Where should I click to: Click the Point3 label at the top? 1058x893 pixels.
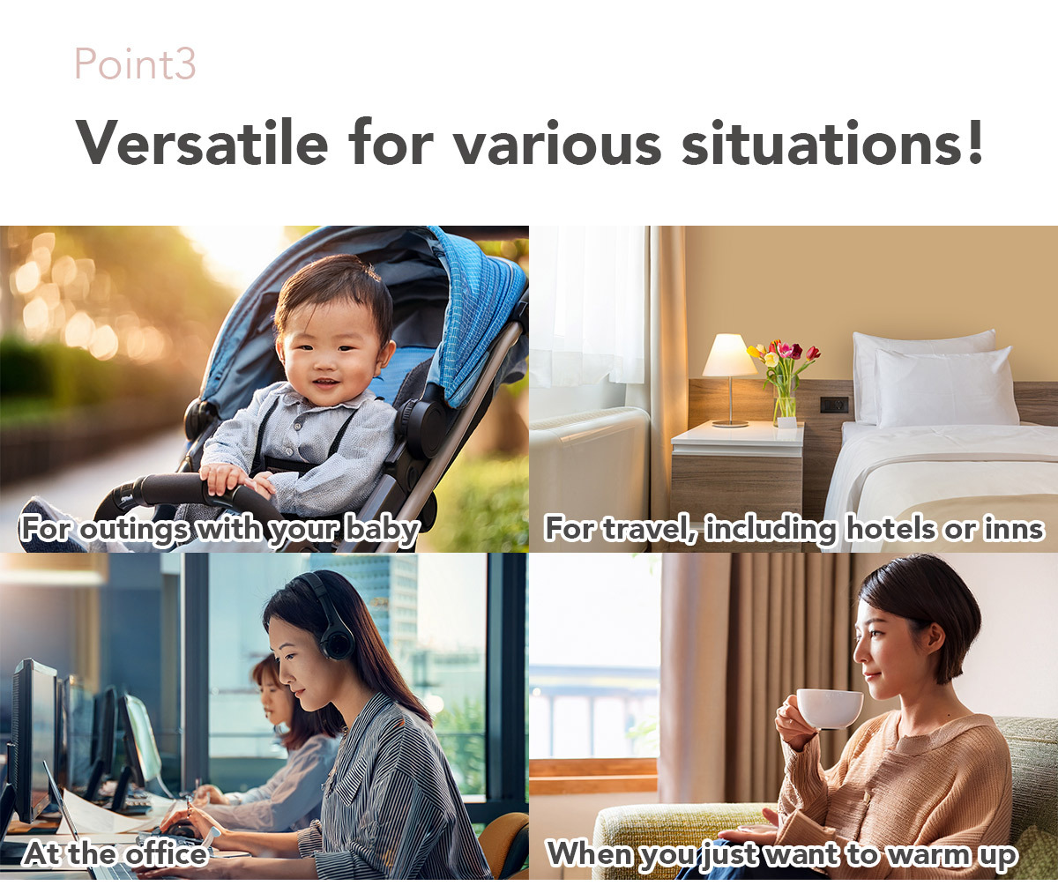[135, 63]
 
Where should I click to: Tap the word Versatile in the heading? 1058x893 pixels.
[202, 142]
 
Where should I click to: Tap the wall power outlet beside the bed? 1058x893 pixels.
[834, 404]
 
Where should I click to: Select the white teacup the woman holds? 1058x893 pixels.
[829, 709]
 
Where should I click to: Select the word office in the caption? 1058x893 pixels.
[167, 853]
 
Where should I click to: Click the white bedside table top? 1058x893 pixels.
[738, 435]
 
